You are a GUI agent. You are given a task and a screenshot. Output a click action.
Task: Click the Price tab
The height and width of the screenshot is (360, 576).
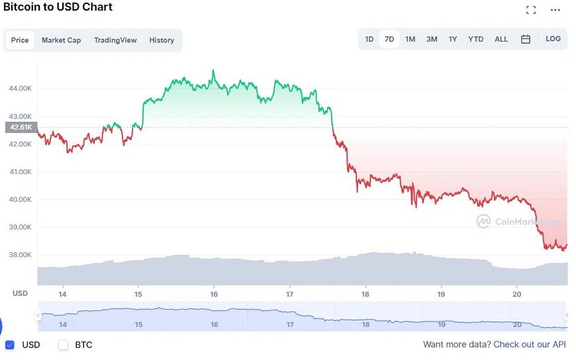20,40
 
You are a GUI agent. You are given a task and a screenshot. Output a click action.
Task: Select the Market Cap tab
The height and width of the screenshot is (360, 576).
61,40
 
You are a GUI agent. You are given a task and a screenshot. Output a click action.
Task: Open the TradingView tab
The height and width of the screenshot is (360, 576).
115,40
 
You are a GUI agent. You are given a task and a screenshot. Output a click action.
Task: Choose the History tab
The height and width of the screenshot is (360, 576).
162,40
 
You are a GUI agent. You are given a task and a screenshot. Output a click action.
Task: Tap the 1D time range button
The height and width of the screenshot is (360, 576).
369,39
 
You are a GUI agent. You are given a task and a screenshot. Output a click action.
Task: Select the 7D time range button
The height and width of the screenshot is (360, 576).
389,39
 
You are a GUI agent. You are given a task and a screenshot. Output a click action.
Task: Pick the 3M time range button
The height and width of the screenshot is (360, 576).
432,39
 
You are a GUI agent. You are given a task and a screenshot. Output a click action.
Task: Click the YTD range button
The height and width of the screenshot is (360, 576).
475,39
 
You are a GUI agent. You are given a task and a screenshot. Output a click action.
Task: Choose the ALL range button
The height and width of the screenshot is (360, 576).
501,39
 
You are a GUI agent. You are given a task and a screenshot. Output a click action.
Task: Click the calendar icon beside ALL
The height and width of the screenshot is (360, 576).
526,39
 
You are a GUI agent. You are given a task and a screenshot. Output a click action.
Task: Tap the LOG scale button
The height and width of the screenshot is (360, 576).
553,39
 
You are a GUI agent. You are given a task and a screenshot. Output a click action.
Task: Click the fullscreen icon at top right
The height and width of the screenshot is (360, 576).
531,10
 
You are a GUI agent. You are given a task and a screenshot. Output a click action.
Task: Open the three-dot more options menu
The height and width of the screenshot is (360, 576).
555,10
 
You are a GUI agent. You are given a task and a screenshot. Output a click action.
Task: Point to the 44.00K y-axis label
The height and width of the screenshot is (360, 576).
21,88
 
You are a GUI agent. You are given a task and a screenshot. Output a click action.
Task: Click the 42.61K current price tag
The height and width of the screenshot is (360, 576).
21,128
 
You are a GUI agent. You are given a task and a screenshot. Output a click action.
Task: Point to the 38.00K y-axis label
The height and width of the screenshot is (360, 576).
21,255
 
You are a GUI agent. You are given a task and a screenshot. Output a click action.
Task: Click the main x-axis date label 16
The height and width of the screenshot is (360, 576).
214,294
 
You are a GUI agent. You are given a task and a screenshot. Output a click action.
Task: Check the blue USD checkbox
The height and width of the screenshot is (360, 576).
10,345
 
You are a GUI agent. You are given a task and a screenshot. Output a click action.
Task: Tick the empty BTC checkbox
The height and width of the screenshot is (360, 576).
64,345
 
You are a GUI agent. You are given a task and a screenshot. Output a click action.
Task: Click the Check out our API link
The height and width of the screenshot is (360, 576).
530,345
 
